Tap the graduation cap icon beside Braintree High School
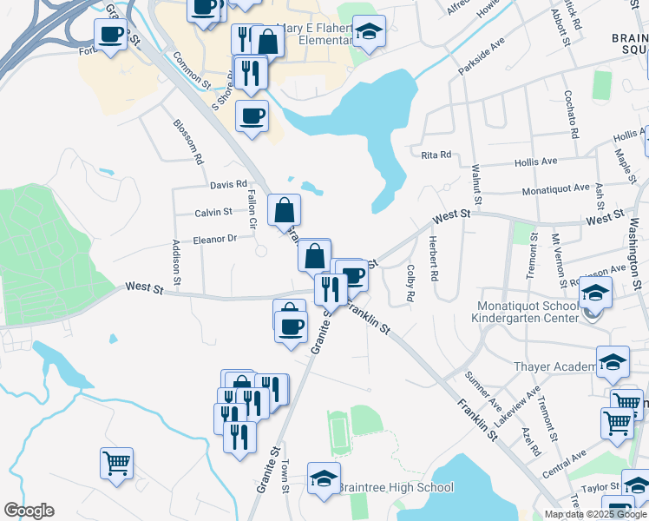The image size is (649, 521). (324, 479)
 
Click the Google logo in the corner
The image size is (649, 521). (29, 511)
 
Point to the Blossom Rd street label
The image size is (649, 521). (188, 142)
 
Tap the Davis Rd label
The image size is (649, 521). (228, 184)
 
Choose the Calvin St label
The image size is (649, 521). (213, 212)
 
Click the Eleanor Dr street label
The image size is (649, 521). (214, 239)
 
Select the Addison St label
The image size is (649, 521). (176, 262)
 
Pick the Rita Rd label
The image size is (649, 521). (436, 155)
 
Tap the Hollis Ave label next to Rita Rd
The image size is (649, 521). (536, 162)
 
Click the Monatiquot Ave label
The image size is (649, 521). (555, 188)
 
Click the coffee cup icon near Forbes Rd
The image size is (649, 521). (111, 35)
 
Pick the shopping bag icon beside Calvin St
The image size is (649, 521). (285, 210)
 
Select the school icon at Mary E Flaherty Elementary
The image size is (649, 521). (370, 34)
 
